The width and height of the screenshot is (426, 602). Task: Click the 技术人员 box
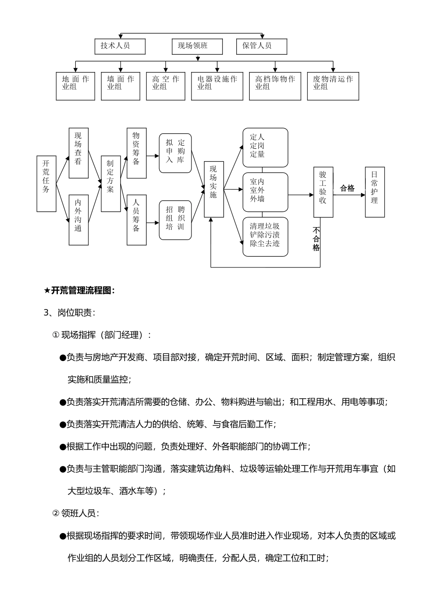(120, 46)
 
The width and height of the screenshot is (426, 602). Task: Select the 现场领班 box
(197, 46)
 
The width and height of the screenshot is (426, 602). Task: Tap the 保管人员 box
(261, 46)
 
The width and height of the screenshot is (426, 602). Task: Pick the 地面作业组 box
(75, 86)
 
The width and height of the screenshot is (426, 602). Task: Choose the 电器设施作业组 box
(217, 86)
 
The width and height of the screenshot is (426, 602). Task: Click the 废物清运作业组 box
(333, 86)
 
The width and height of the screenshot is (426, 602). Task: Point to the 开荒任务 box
(46, 184)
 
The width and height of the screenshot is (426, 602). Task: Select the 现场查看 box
(78, 153)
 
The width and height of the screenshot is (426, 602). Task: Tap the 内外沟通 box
(78, 220)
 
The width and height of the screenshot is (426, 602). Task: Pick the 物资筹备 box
(136, 153)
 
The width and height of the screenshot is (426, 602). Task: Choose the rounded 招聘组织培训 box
(175, 220)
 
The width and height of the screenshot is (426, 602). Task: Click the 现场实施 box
(213, 189)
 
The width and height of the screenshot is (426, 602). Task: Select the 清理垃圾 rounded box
(265, 236)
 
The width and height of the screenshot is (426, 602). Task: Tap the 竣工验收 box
(323, 192)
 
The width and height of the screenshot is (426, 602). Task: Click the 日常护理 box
(374, 192)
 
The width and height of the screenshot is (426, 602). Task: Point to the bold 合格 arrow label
(347, 189)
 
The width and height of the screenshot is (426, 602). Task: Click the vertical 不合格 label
(316, 239)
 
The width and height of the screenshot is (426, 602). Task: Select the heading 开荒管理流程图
(79, 291)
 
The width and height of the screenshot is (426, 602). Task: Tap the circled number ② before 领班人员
(56, 513)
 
